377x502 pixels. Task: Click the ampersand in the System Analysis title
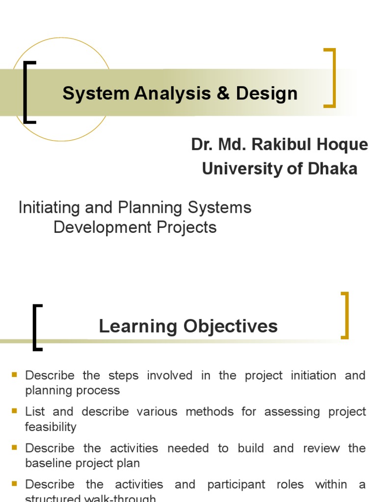[x=223, y=93]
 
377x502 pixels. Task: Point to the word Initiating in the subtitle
[x=49, y=207]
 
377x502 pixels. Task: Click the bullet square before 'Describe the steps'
[x=15, y=375]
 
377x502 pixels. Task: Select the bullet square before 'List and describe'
[x=15, y=411]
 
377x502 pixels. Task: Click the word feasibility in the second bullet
[x=51, y=427]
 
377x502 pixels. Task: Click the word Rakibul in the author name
[x=279, y=145]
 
